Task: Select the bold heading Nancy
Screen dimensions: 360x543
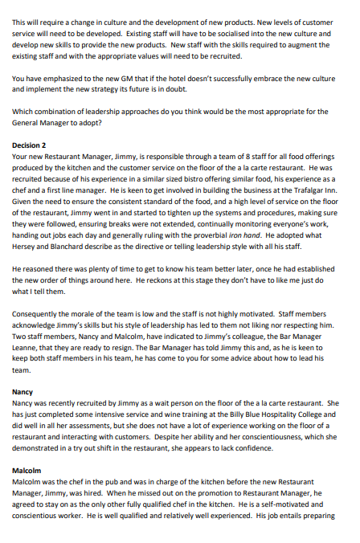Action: point(23,392)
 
